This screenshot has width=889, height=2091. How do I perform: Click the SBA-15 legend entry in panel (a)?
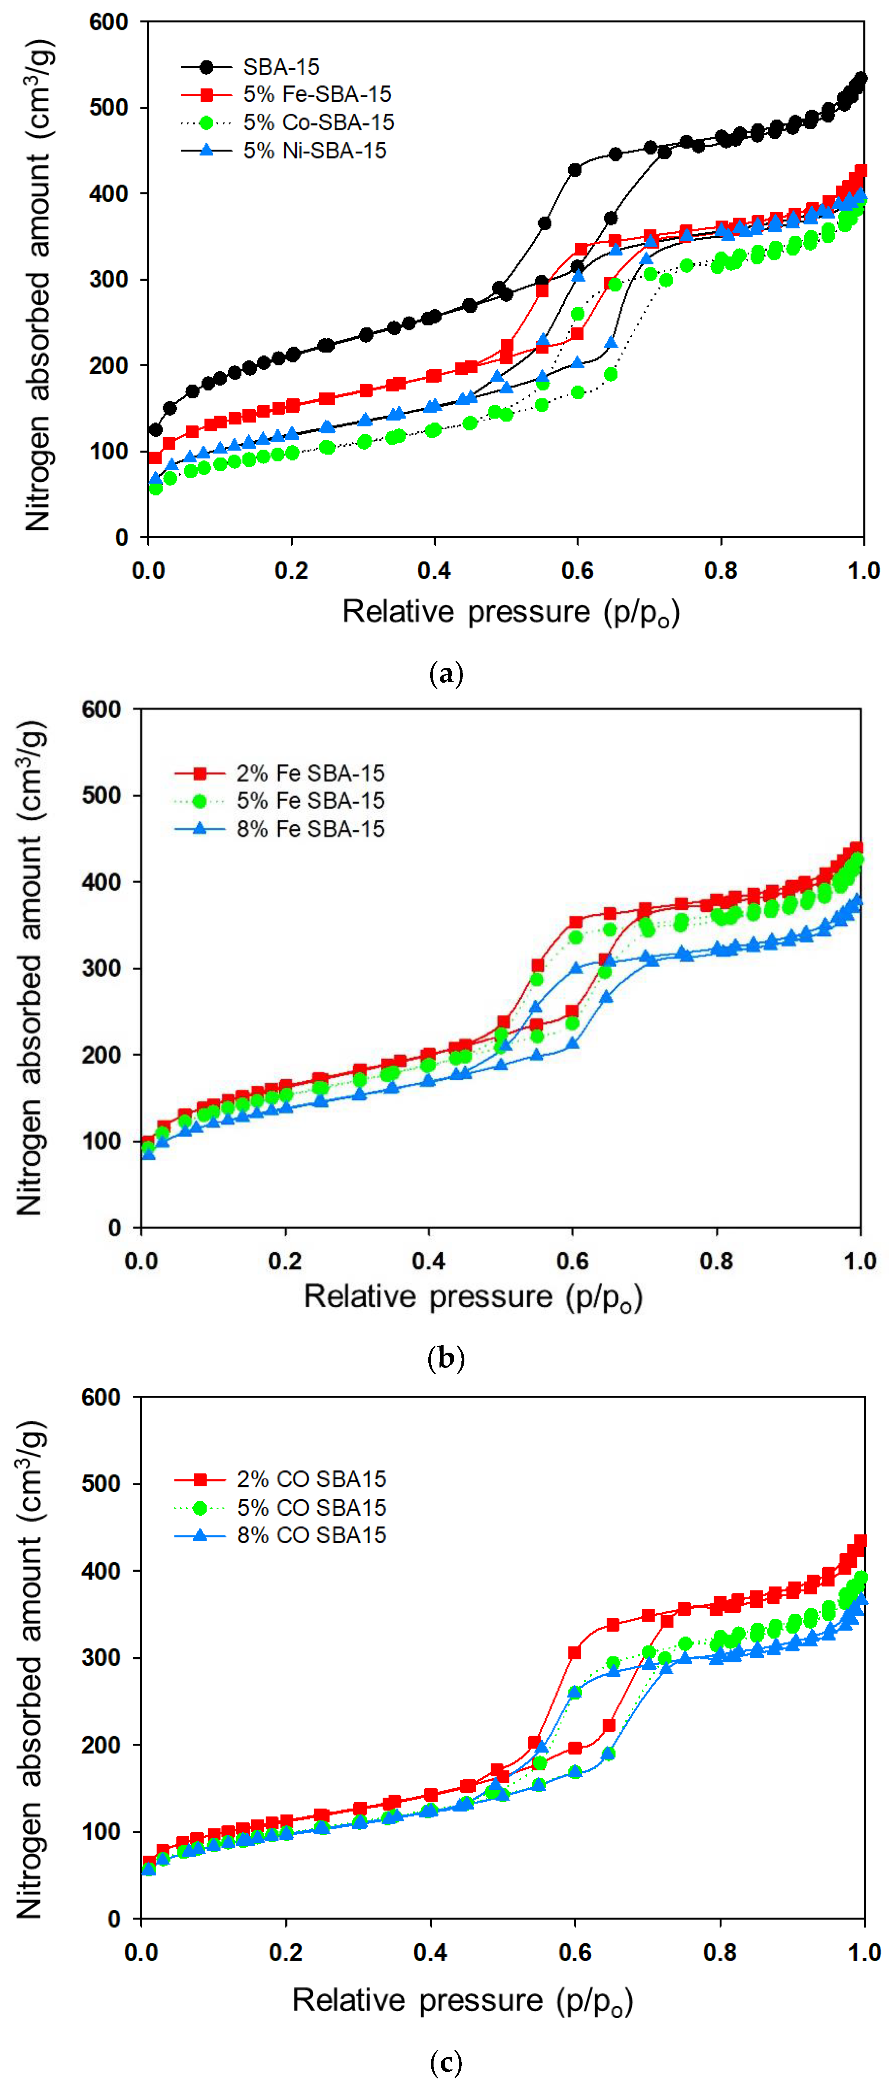point(281,66)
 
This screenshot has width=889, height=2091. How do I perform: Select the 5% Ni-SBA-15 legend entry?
point(314,150)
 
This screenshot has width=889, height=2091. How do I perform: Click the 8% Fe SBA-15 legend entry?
point(310,829)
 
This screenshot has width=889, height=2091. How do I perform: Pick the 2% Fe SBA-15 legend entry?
point(310,773)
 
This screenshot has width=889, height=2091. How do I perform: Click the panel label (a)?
point(445,674)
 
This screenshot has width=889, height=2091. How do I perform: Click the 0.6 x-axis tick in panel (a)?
point(577,570)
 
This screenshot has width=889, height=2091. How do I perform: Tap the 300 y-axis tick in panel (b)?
point(102,968)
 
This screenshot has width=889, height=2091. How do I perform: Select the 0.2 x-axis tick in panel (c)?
point(286,1952)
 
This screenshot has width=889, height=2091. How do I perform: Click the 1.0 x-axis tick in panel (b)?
point(860,1261)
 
